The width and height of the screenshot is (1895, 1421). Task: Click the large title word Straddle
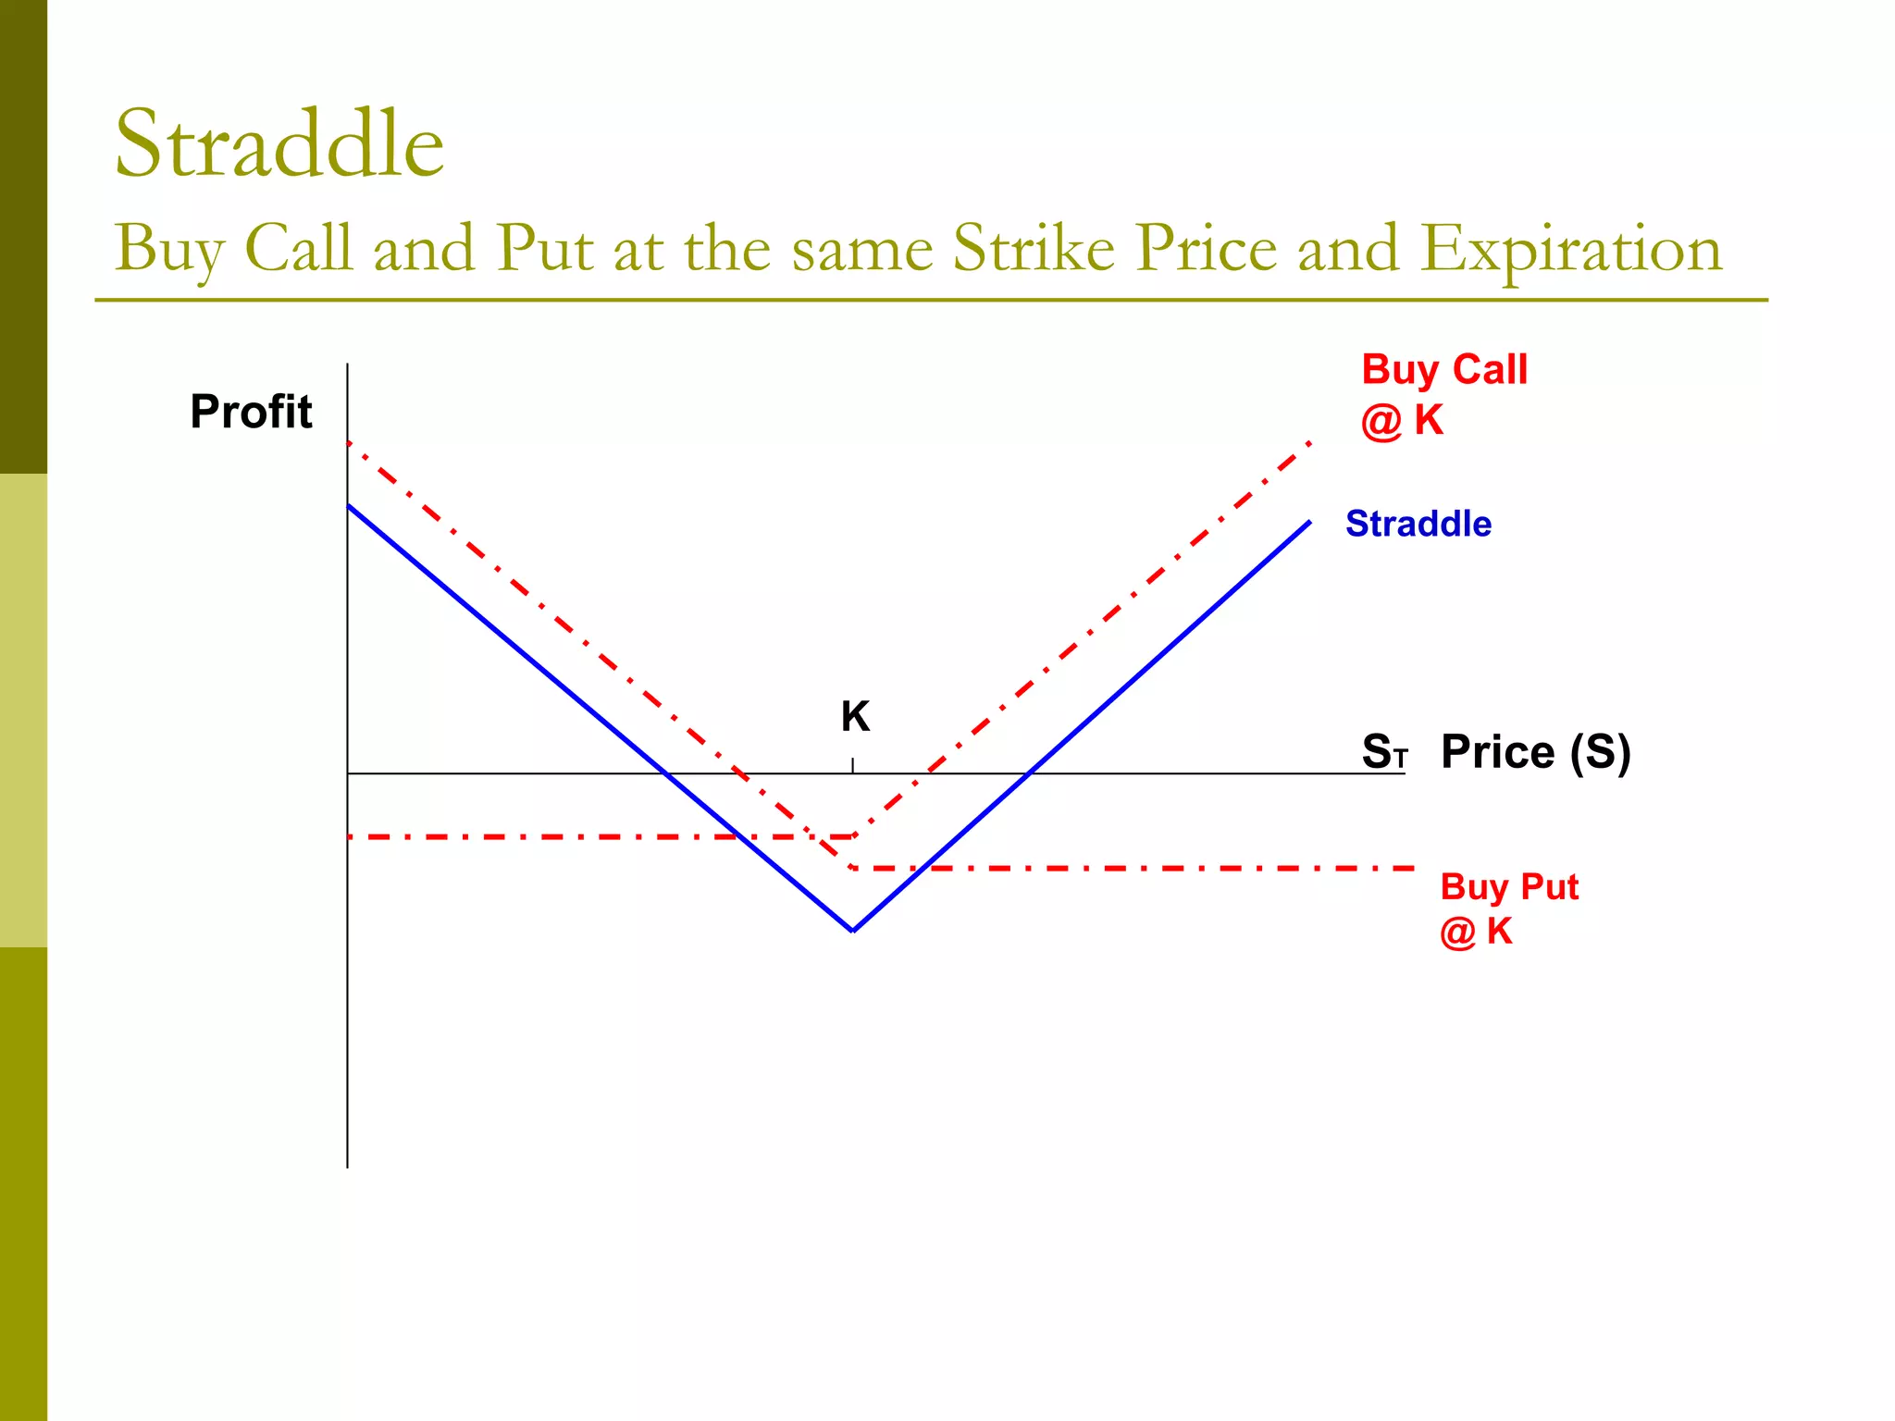pyautogui.click(x=279, y=144)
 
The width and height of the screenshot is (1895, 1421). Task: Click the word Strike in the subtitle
pyautogui.click(x=1034, y=248)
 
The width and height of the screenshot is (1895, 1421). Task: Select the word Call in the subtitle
pyautogui.click(x=298, y=248)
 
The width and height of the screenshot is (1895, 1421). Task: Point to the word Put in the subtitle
pyautogui.click(x=544, y=248)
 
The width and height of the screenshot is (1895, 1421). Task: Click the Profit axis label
pyautogui.click(x=251, y=412)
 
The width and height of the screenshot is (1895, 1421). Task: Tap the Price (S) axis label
pyautogui.click(x=1535, y=751)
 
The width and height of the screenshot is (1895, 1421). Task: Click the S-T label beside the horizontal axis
pyautogui.click(x=1383, y=751)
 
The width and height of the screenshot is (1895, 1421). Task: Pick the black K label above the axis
pyautogui.click(x=855, y=717)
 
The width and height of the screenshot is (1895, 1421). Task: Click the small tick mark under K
pyautogui.click(x=852, y=764)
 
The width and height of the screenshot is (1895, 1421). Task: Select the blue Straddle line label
pyautogui.click(x=1418, y=524)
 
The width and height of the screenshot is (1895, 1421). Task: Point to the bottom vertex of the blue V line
pyautogui.click(x=853, y=931)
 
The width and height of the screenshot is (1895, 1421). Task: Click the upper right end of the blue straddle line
pyautogui.click(x=1309, y=523)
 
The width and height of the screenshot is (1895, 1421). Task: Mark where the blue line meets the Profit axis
pyautogui.click(x=348, y=505)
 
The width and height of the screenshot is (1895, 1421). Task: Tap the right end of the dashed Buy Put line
pyautogui.click(x=1413, y=869)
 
